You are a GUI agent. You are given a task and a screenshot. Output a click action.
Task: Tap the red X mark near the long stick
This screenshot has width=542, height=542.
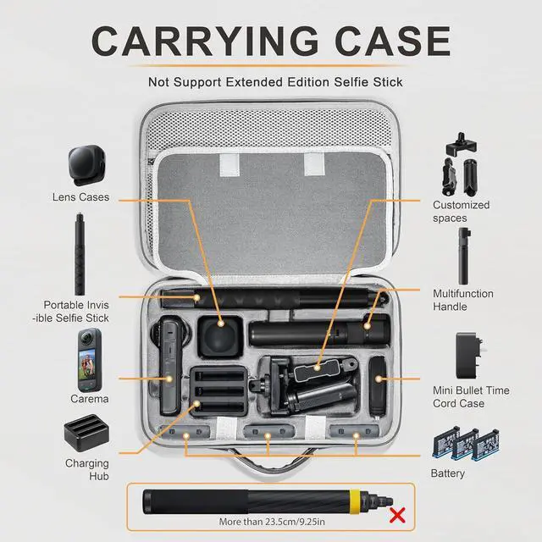[396, 515]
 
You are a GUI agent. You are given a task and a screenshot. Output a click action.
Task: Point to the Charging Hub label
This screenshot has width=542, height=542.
[87, 469]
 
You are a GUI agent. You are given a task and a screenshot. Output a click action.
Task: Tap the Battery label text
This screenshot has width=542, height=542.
[447, 473]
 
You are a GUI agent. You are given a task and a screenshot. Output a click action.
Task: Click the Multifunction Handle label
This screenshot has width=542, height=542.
[462, 300]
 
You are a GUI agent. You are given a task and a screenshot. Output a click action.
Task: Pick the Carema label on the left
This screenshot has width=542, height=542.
[90, 398]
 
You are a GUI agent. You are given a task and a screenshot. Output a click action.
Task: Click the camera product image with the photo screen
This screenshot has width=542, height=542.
[90, 358]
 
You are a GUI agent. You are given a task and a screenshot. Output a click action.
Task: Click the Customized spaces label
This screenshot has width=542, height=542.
[462, 211]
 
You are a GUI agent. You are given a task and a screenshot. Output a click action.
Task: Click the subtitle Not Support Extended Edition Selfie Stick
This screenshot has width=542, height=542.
[275, 82]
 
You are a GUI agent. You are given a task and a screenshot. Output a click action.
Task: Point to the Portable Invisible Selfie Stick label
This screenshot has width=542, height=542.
[77, 311]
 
